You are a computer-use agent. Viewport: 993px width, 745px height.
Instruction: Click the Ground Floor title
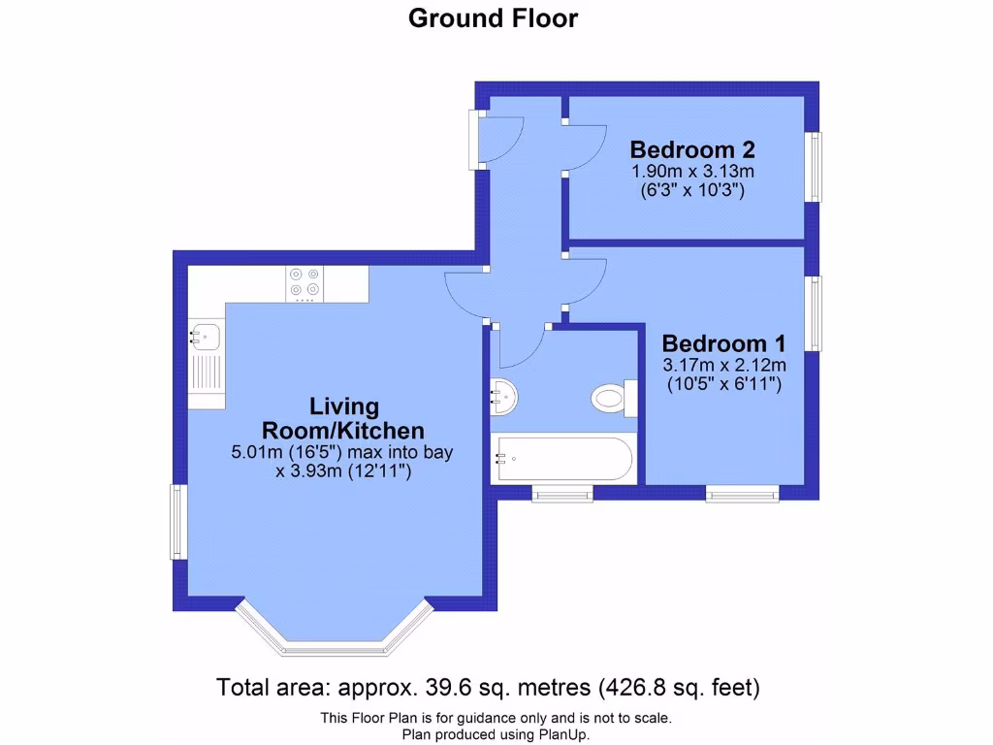tap(493, 18)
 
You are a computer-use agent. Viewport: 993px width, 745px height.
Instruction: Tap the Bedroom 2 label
tap(691, 149)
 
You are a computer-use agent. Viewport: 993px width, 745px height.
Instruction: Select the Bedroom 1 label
tap(722, 343)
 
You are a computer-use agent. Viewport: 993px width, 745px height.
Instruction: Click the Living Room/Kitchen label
tap(343, 418)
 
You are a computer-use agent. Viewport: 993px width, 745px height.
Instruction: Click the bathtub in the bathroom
tap(563, 459)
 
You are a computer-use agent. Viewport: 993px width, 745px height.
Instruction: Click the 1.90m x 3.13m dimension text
tap(691, 172)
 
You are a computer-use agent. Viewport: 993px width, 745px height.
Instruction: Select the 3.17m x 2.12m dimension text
tap(722, 366)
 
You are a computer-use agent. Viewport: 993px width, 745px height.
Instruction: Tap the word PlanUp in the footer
tap(561, 735)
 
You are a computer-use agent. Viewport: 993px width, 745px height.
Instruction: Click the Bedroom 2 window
tap(816, 167)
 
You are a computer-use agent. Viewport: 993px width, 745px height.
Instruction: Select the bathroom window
tap(562, 495)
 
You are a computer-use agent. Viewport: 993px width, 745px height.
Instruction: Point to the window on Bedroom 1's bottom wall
tap(742, 495)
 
